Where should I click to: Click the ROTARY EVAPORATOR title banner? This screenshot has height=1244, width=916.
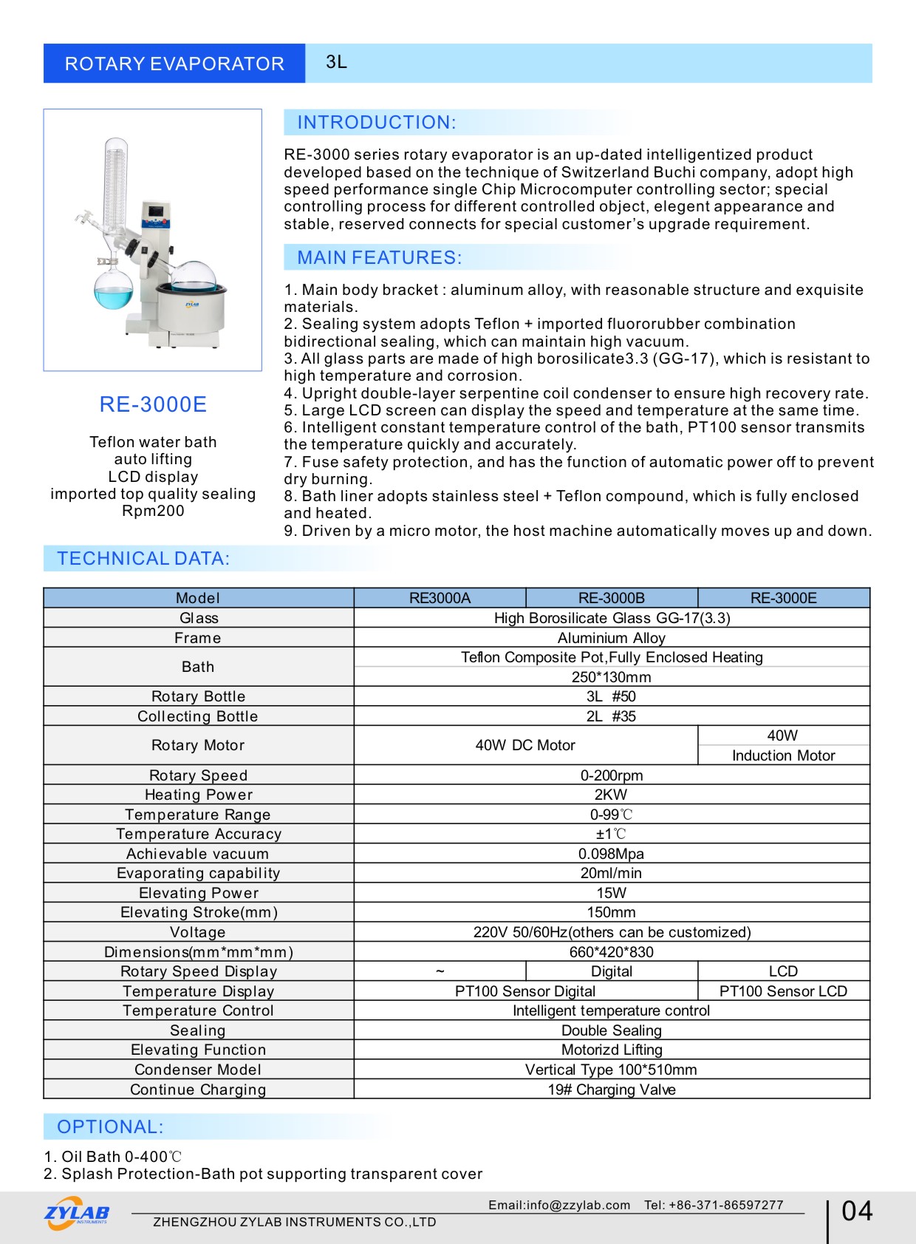[x=174, y=64]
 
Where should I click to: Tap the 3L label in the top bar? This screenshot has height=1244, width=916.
[x=336, y=62]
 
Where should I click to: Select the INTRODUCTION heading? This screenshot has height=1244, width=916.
[x=377, y=123]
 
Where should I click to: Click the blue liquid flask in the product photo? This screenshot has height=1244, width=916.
[x=114, y=290]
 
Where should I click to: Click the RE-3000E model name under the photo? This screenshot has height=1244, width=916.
[x=153, y=404]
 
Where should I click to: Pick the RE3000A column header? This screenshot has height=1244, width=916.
[x=440, y=598]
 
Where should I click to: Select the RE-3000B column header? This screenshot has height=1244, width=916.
[x=611, y=598]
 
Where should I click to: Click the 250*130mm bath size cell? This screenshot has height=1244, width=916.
[x=611, y=677]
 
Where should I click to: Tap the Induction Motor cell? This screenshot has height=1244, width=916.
[x=783, y=755]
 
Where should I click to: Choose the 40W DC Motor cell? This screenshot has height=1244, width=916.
[x=525, y=745]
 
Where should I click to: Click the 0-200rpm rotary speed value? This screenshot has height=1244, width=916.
[x=611, y=775]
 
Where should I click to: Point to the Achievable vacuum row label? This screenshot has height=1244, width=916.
[x=198, y=854]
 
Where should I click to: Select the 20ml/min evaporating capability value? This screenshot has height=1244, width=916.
[x=611, y=873]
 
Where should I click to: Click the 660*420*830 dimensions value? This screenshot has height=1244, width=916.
[x=611, y=952]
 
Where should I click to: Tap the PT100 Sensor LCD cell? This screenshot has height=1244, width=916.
[x=783, y=991]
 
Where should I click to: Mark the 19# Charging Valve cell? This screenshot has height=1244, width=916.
[x=611, y=1090]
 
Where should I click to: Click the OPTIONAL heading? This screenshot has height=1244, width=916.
[x=111, y=1127]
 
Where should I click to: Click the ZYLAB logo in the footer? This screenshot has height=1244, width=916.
[x=77, y=1214]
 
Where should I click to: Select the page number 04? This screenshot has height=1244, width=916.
[x=857, y=1211]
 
